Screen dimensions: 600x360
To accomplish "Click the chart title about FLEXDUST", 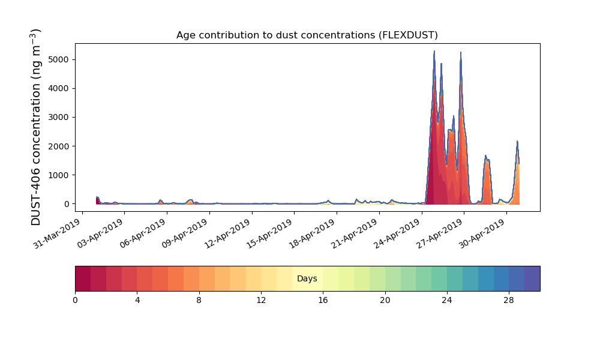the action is (307, 35).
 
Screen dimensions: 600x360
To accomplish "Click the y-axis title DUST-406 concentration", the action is (35, 127).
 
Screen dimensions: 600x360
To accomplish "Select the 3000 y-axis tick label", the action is (59, 118).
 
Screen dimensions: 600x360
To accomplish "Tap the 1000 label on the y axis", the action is (59, 175).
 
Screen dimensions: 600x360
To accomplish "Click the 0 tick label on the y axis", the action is (67, 204).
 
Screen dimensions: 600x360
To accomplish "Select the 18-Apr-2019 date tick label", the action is (313, 233).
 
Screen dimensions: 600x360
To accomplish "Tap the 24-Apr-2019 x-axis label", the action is (398, 233).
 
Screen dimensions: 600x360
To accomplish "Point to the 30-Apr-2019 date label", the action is (482, 233).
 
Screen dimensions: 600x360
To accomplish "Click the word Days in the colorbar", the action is (307, 278).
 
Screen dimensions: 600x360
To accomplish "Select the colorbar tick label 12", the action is (261, 301).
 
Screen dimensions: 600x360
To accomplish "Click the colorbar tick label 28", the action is (509, 301).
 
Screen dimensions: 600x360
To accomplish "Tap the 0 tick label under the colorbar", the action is (75, 301).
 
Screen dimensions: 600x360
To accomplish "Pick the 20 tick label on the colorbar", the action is (385, 301).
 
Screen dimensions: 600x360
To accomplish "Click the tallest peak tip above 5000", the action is (434, 51).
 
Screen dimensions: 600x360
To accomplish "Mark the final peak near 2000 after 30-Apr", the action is (517, 141).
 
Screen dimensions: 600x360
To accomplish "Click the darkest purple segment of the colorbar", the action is (532, 278).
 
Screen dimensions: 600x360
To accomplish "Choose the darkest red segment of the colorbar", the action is (83, 278).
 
